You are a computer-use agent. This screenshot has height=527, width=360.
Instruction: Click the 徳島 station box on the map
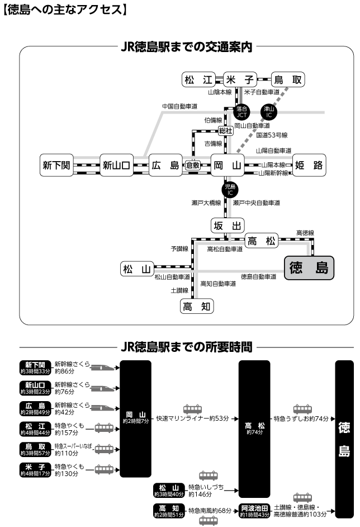(x=309, y=268)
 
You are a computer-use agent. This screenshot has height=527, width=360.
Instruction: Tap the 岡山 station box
(x=228, y=165)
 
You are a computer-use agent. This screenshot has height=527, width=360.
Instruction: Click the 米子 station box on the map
(x=241, y=80)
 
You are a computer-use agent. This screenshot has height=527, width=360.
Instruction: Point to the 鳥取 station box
(x=288, y=80)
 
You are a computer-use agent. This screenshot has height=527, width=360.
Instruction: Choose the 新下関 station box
(x=56, y=165)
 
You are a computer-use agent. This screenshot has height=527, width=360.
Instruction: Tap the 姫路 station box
(x=309, y=165)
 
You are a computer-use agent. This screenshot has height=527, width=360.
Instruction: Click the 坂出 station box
(x=228, y=225)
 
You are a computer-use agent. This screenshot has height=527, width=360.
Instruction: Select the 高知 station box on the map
(x=197, y=306)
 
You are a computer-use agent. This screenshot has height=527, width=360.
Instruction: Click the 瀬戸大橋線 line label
(x=206, y=203)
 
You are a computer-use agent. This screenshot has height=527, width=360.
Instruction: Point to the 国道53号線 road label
(x=272, y=135)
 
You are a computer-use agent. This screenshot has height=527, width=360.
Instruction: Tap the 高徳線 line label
(x=306, y=232)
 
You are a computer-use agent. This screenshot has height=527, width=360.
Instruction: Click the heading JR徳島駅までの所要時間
(x=186, y=347)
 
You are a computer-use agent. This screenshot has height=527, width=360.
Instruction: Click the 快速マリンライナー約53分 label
(x=193, y=418)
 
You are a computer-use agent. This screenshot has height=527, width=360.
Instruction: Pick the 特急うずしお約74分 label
(x=301, y=418)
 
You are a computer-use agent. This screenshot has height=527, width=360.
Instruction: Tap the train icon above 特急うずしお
(x=302, y=408)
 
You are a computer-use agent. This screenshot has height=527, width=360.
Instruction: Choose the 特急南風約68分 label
(x=210, y=510)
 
